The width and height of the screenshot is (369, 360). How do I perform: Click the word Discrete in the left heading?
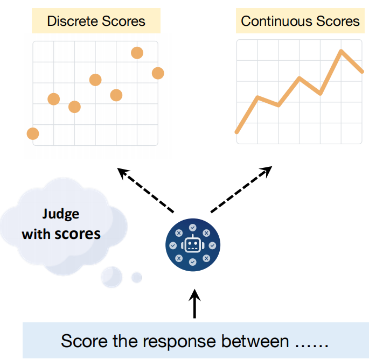click(x=73, y=21)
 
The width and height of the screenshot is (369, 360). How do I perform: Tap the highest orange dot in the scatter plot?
click(x=137, y=53)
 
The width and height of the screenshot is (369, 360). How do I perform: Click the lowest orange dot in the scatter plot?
click(x=33, y=134)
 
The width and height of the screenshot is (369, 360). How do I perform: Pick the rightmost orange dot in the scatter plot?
click(x=158, y=73)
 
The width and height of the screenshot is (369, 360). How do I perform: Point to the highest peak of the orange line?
click(x=341, y=51)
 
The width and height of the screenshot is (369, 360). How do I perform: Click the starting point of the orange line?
click(x=237, y=132)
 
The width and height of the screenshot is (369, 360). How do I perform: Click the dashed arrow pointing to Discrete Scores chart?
click(x=145, y=190)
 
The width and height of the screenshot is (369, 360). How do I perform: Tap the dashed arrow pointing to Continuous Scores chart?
click(x=241, y=189)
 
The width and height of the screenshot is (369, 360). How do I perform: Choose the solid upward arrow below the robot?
click(x=194, y=303)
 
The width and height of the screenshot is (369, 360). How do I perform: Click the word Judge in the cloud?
click(x=61, y=215)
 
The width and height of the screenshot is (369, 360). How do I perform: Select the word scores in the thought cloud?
click(x=78, y=234)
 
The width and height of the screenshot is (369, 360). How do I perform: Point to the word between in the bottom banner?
click(x=255, y=341)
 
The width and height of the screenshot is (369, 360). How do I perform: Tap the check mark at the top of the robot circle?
click(x=193, y=228)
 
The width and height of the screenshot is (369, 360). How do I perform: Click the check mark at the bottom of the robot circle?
click(x=193, y=262)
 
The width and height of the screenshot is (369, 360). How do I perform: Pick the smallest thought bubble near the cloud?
click(x=137, y=278)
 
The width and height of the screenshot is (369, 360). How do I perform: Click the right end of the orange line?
click(x=362, y=72)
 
